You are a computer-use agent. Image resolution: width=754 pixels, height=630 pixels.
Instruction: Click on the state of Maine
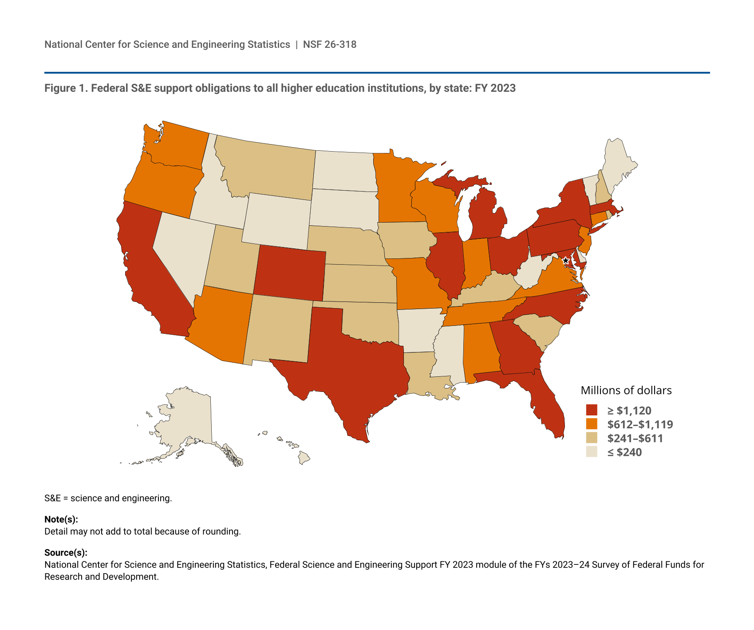(619, 166)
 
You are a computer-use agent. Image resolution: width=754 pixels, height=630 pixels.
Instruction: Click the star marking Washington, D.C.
(565, 261)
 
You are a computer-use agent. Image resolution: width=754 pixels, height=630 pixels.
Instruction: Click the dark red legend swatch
(592, 410)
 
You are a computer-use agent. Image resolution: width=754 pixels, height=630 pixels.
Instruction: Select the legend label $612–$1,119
(640, 424)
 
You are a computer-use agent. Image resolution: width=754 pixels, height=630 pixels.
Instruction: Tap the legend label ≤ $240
(624, 452)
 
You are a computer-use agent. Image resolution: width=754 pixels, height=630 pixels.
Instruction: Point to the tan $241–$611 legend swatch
(592, 438)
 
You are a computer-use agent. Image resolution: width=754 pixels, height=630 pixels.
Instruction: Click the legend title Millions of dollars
(626, 390)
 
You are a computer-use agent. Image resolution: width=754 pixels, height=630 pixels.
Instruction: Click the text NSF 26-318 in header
(330, 44)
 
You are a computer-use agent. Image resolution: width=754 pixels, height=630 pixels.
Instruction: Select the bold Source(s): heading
(66, 552)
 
